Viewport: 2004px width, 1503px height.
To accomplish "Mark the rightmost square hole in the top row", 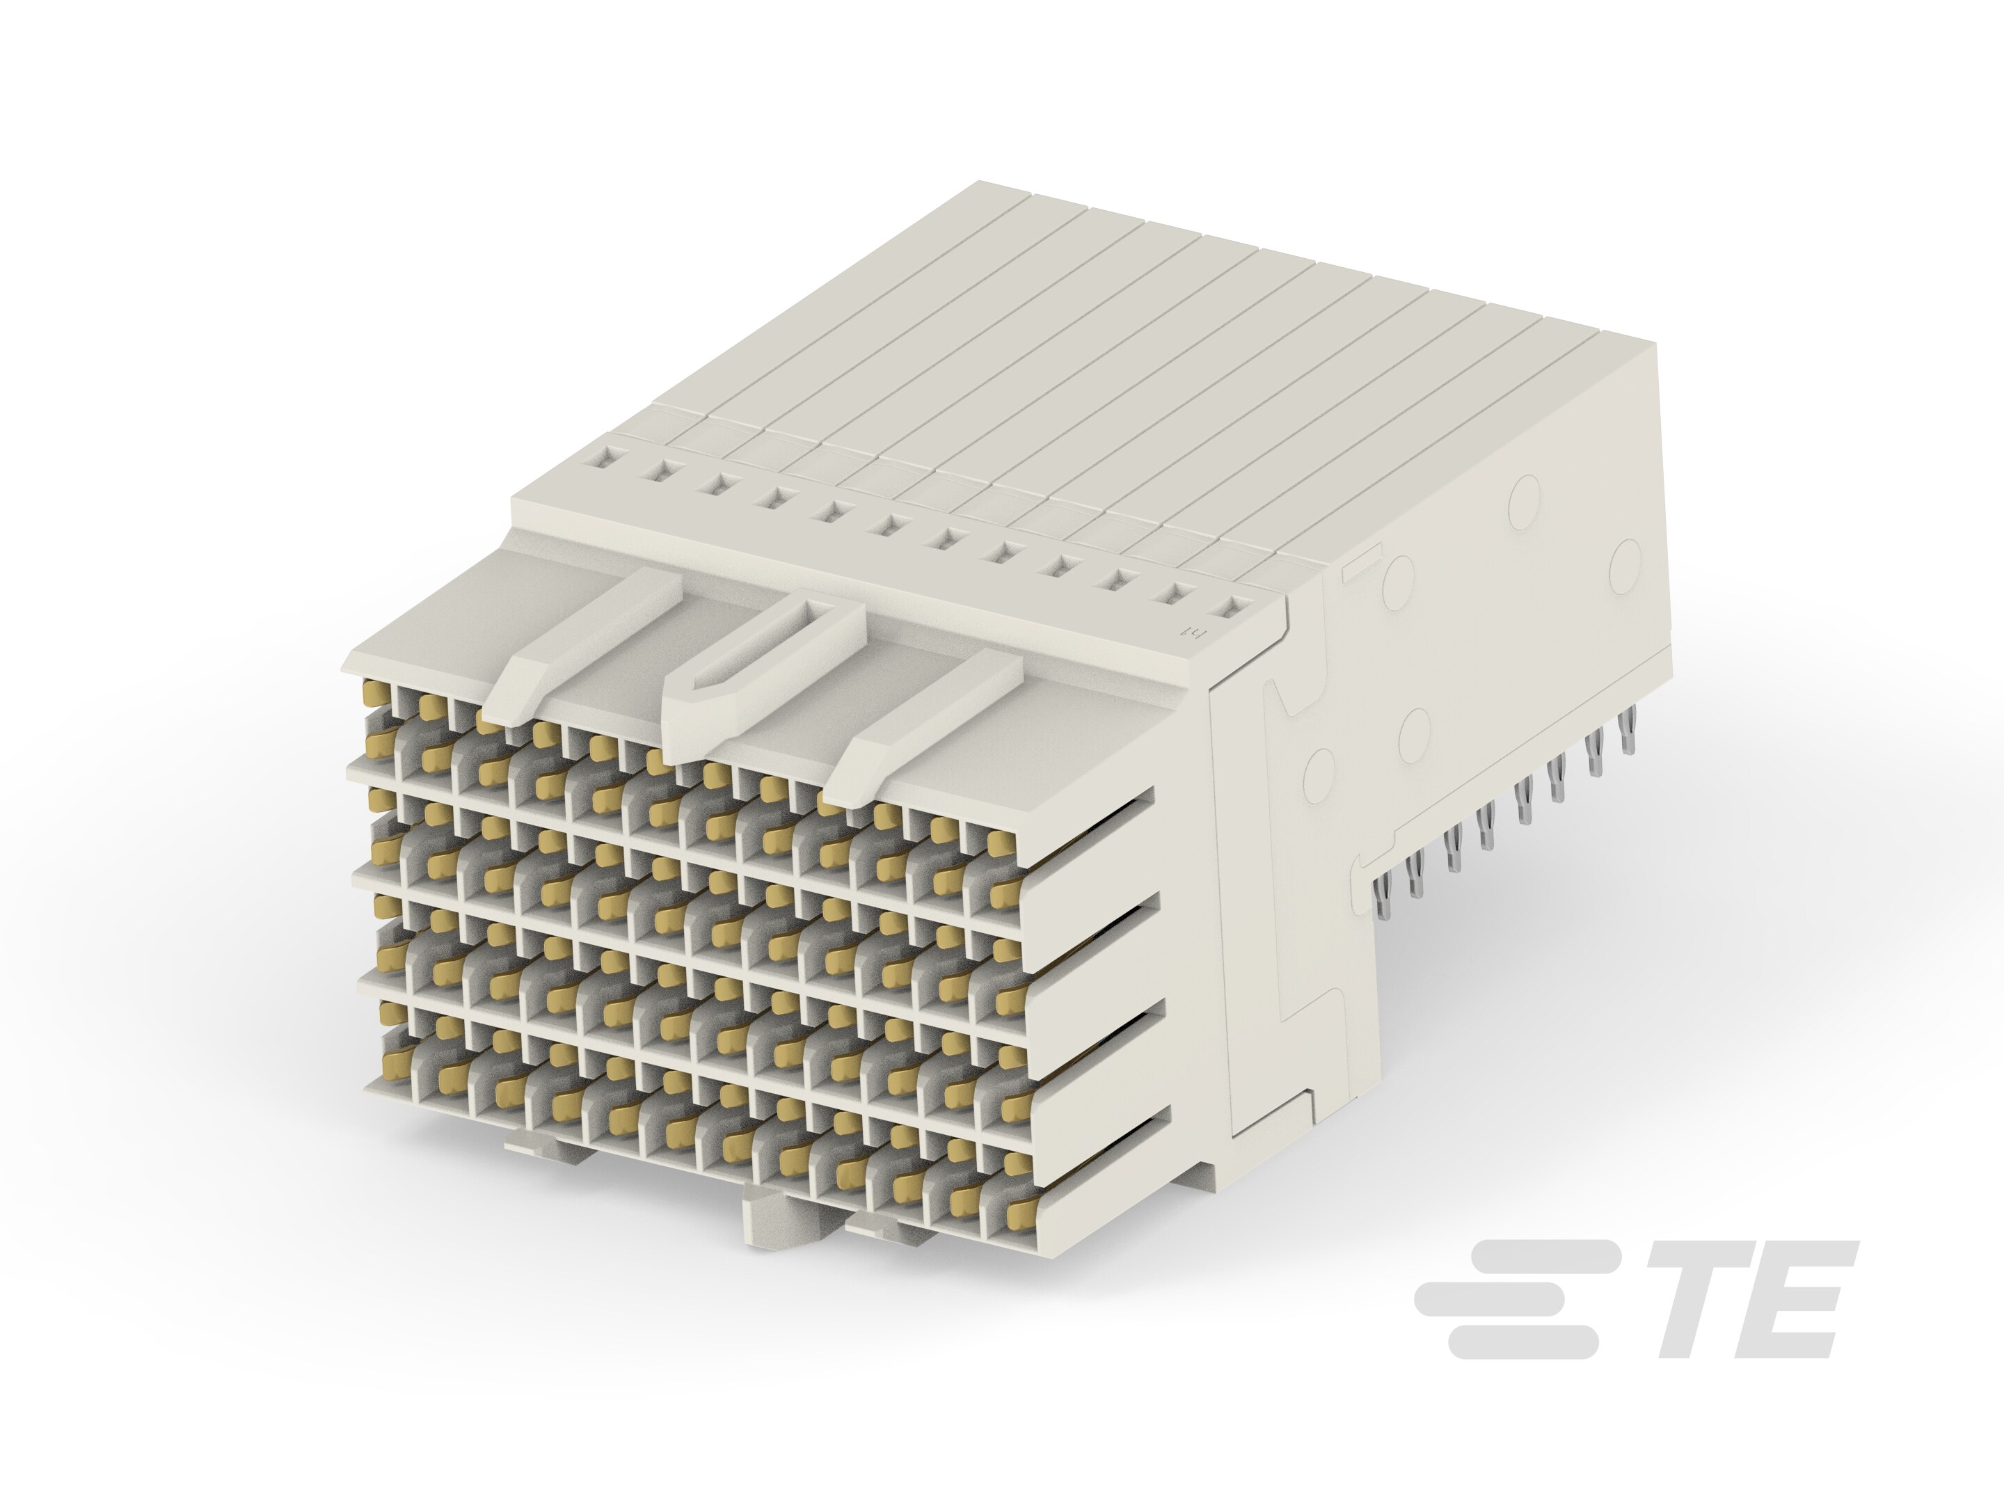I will coord(1231,609).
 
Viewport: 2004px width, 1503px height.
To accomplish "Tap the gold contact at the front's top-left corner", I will coord(372,695).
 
